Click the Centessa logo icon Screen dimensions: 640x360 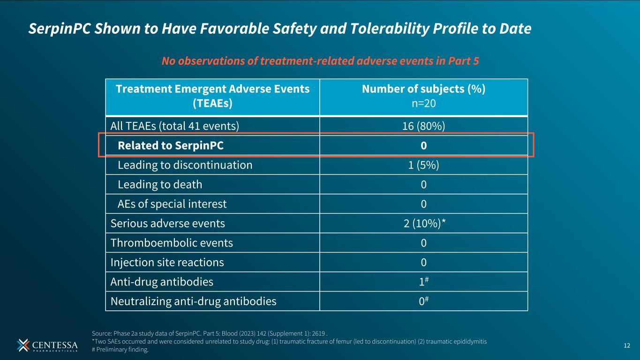(23, 345)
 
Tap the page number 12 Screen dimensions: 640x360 (627, 346)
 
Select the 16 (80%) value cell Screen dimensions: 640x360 (423, 126)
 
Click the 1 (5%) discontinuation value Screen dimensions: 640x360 (423, 165)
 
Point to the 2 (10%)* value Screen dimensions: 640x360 (425, 223)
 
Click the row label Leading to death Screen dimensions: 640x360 (160, 185)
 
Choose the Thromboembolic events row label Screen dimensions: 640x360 (172, 243)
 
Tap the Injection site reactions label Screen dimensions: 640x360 (167, 262)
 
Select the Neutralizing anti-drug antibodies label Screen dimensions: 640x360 (194, 301)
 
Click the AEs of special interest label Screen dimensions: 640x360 (172, 204)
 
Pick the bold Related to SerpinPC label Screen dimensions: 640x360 (171, 146)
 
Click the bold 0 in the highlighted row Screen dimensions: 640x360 (424, 146)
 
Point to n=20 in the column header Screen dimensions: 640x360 (424, 104)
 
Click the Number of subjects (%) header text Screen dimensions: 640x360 (424, 89)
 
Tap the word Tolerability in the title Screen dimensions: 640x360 (389, 29)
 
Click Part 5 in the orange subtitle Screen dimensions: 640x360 (463, 61)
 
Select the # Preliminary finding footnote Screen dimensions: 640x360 (120, 349)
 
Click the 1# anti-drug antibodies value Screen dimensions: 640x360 (424, 282)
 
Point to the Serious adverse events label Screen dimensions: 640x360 (168, 224)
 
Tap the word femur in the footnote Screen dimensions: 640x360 (343, 341)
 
